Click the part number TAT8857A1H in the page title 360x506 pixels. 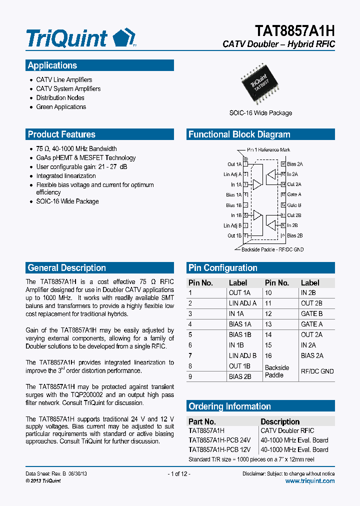coord(295,31)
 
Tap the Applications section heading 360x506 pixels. coord(52,65)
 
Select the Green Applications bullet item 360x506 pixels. coord(61,107)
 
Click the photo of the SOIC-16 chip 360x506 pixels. coord(260,84)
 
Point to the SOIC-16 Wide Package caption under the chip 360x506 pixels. coord(260,113)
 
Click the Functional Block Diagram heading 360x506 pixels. coord(239,134)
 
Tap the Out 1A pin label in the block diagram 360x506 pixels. coord(234,164)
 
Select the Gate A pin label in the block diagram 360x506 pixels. coord(294,194)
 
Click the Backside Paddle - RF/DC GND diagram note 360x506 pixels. coord(272,249)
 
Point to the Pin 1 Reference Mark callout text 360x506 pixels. coord(269,150)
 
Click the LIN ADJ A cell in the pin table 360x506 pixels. coord(242,303)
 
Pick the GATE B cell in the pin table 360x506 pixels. coord(311,313)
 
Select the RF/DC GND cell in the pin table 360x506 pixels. coord(317,371)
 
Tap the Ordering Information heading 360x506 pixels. coord(229,406)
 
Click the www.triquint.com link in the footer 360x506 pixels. coord(309,481)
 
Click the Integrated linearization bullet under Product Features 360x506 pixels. coord(66,176)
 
